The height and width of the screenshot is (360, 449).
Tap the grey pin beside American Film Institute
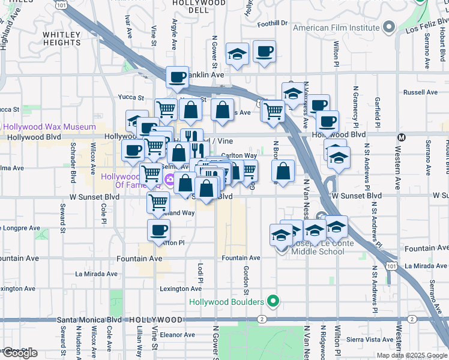[390, 26]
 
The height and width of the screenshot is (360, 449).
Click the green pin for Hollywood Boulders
[274, 301]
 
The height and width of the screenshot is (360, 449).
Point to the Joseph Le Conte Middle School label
[318, 247]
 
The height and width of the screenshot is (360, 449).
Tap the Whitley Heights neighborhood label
[62, 38]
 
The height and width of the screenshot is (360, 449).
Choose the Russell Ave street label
[421, 92]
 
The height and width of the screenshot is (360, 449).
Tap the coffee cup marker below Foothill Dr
[264, 51]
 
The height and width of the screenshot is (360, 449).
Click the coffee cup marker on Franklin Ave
[177, 76]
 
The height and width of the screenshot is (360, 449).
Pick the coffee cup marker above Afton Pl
[158, 230]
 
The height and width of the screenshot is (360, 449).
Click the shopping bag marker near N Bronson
[283, 170]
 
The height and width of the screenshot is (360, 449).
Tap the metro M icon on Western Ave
[401, 137]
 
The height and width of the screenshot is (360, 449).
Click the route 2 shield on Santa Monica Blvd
[262, 319]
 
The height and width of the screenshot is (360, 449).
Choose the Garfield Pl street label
[378, 107]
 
